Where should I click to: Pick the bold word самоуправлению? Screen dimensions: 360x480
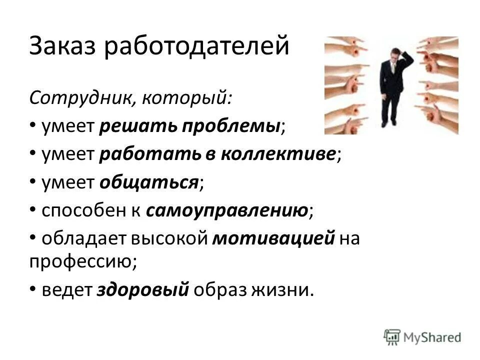(x=227, y=211)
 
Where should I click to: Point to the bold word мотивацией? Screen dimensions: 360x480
(x=273, y=239)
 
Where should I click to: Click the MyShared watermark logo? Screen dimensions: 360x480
(x=422, y=336)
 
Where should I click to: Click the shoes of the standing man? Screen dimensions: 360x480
(x=389, y=122)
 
